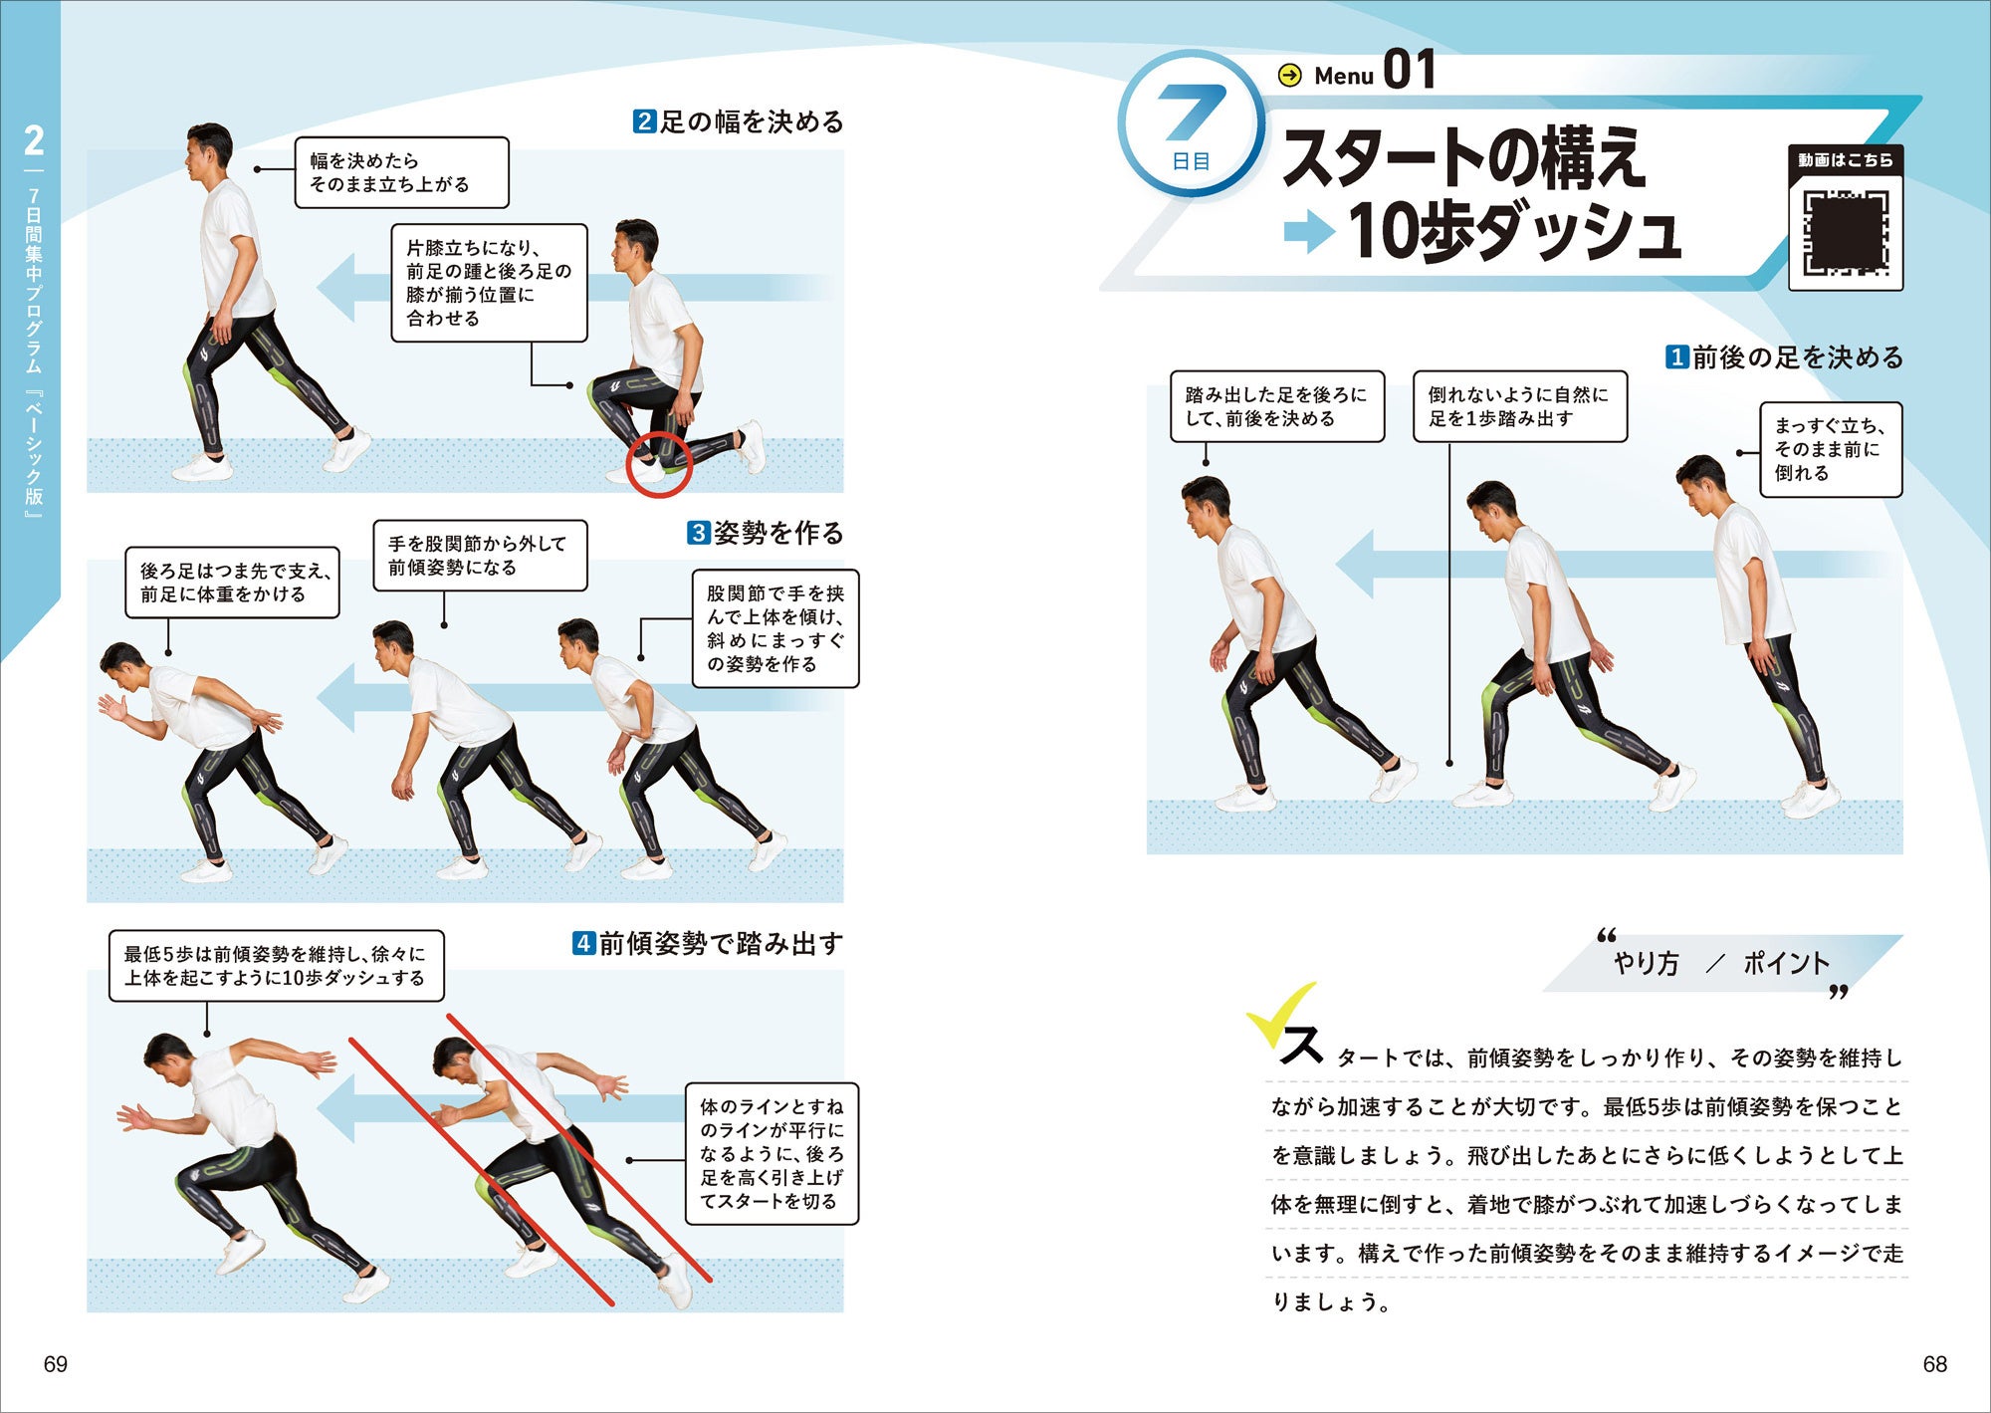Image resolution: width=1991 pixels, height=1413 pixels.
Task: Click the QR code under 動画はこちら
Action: point(1846,232)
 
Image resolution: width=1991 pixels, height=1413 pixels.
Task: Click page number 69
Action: point(56,1364)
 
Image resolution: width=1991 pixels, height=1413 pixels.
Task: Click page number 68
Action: point(1934,1364)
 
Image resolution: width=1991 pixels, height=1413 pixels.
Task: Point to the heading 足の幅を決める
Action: point(739,121)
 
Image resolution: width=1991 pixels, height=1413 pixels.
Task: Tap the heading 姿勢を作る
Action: point(766,533)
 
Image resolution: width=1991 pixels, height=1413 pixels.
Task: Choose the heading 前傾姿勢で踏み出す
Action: point(708,943)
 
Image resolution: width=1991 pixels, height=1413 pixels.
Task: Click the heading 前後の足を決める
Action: point(1784,356)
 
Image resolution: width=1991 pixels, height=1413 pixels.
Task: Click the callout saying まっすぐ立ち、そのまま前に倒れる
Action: point(1831,449)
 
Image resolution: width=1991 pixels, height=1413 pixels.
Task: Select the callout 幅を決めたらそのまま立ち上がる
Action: point(401,172)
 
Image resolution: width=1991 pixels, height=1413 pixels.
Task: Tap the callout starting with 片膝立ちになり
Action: point(489,283)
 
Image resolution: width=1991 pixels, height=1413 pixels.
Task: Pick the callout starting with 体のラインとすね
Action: point(772,1153)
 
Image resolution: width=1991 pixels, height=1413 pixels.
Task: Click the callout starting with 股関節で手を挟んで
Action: point(775,628)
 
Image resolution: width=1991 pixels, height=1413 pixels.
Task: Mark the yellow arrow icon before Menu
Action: point(1289,76)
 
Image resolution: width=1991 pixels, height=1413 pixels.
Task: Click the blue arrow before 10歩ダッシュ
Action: point(1309,232)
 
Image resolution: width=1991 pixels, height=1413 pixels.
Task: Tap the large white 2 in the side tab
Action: point(34,140)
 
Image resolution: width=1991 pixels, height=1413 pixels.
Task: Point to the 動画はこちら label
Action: point(1846,160)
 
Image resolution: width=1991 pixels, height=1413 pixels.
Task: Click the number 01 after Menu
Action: point(1410,70)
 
